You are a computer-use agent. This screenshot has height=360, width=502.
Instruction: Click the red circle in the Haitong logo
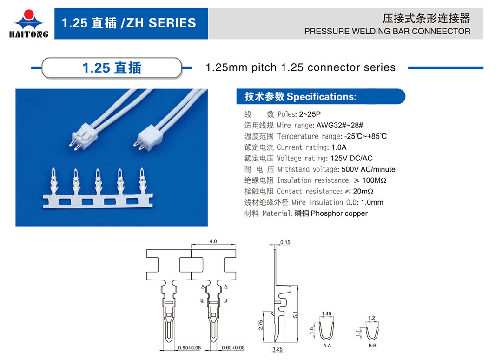click(29, 14)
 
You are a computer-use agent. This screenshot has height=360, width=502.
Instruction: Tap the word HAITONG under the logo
click(29, 34)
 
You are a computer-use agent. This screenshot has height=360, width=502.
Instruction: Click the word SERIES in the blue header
click(172, 23)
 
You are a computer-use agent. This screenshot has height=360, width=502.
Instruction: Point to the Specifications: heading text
click(321, 97)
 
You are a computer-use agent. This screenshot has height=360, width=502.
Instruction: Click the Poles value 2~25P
click(310, 114)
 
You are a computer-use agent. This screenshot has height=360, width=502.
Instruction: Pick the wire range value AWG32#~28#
click(340, 125)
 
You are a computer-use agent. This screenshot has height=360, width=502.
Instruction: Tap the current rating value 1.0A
click(339, 147)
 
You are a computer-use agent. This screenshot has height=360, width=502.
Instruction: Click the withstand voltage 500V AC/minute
click(369, 169)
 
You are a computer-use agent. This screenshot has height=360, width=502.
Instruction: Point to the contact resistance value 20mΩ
click(363, 192)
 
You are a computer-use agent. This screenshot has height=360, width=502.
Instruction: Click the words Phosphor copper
click(339, 213)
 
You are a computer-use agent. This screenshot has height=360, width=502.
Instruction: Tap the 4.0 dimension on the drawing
click(213, 241)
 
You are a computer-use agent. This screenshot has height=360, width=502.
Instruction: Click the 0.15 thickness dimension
click(285, 242)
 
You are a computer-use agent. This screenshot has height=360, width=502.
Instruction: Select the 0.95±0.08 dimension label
click(190, 347)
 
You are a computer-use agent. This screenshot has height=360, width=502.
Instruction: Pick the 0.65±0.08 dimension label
click(233, 347)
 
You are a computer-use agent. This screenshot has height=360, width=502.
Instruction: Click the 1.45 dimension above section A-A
click(327, 313)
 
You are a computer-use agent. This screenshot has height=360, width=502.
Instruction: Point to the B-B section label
click(372, 346)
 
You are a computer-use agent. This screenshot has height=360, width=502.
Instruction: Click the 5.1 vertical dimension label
click(295, 314)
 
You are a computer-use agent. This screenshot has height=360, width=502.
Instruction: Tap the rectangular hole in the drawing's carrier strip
click(191, 265)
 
